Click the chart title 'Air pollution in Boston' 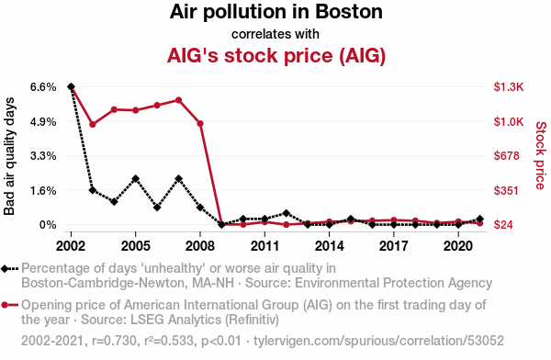click(x=275, y=12)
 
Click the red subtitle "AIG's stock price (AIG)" click(x=276, y=55)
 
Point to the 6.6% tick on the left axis click(x=43, y=87)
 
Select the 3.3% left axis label click(x=43, y=156)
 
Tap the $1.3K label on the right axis click(x=509, y=87)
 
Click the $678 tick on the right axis click(x=506, y=156)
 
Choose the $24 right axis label click(x=503, y=225)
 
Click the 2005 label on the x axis click(x=135, y=246)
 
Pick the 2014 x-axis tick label click(x=329, y=246)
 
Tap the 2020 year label click(x=458, y=246)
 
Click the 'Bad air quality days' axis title click(x=9, y=156)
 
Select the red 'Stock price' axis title click(x=541, y=155)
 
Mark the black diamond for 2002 click(x=71, y=87)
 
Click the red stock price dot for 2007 click(x=178, y=100)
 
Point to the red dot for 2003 click(x=93, y=125)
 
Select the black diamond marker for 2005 click(x=136, y=178)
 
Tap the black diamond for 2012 click(x=286, y=213)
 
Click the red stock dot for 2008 click(x=200, y=124)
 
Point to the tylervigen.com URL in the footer click(x=378, y=341)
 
